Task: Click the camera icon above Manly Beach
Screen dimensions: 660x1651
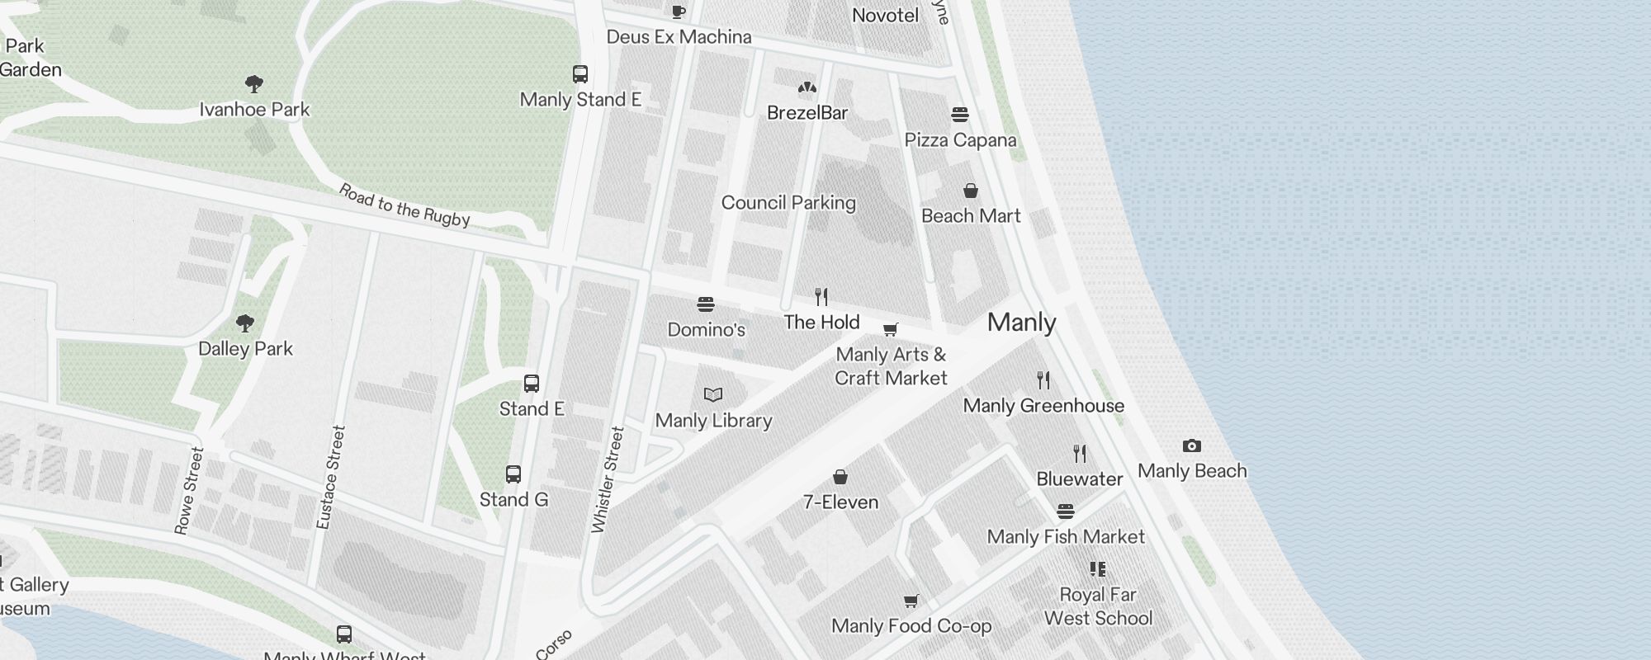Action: [x=1191, y=446]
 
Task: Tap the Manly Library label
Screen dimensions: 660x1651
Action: [x=713, y=421]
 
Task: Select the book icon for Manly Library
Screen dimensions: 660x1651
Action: [x=713, y=395]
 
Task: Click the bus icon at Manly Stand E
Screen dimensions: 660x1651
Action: [x=580, y=74]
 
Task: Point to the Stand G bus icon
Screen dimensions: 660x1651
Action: [x=513, y=474]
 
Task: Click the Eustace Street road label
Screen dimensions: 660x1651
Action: [x=330, y=477]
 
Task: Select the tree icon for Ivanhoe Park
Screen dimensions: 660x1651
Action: [x=254, y=83]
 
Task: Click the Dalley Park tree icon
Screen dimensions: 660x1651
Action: [x=245, y=323]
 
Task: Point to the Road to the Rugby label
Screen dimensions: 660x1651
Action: [x=404, y=205]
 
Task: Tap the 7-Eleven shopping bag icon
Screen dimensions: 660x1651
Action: [x=840, y=477]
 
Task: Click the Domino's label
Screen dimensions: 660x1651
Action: [x=706, y=330]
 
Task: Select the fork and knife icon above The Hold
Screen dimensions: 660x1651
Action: [x=821, y=297]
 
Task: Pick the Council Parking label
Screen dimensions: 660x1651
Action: [x=788, y=203]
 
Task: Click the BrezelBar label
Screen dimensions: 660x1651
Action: [x=807, y=113]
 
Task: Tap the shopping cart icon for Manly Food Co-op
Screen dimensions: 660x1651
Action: [x=911, y=601]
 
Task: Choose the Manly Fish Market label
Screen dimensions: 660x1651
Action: [x=1066, y=537]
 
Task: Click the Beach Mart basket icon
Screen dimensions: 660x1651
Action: [x=971, y=191]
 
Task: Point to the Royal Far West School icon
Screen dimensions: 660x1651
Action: [x=1097, y=569]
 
